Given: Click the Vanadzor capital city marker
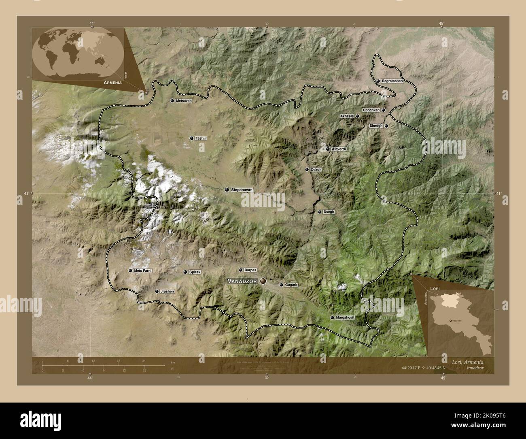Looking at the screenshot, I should point(263,280).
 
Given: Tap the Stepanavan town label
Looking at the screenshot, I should point(242,190).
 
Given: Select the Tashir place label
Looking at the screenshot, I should point(201,139).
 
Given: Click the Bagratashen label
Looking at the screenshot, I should point(392,81).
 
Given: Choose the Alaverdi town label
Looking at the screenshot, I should point(339,149).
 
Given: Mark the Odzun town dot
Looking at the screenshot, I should point(307,170).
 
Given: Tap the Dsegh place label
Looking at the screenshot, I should point(329,212).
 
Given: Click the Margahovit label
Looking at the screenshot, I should point(345,318).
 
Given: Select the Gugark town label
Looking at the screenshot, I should point(291,285).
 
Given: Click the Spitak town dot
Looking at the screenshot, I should point(185,272).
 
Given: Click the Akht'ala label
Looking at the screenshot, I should point(347,116).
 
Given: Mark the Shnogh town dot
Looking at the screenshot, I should point(386,126).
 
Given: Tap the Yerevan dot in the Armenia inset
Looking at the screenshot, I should point(445,321).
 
